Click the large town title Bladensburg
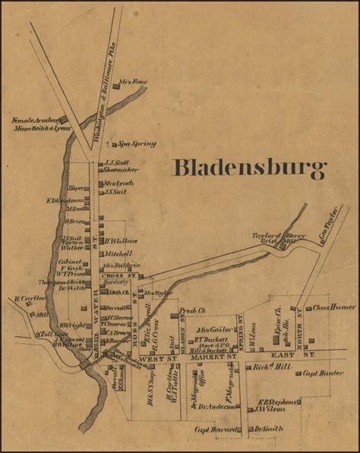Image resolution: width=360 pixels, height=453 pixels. (x=250, y=169)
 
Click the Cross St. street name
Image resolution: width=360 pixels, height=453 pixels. (x=124, y=276)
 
